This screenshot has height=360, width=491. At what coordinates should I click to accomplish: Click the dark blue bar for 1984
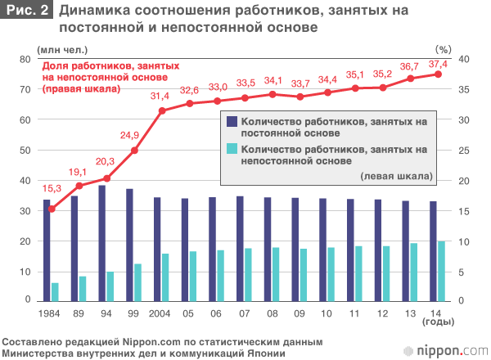point(47,250)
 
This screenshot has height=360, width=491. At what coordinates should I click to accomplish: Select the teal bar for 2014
point(442,271)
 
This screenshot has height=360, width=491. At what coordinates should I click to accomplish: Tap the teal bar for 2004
point(165,277)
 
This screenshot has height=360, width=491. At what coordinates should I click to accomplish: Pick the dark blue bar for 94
point(102,243)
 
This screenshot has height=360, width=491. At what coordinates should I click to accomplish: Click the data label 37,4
point(439,64)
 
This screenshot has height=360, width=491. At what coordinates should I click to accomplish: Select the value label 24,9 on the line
point(132,134)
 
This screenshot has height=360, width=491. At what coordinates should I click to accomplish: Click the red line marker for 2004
point(162,110)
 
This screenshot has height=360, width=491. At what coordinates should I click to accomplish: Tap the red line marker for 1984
point(52,209)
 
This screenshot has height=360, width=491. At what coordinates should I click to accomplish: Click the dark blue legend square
point(232,121)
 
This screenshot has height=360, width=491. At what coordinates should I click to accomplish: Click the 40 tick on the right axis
point(463,59)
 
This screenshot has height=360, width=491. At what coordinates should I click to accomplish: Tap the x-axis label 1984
point(51,313)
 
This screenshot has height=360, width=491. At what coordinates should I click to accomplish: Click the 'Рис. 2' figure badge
point(27,11)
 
